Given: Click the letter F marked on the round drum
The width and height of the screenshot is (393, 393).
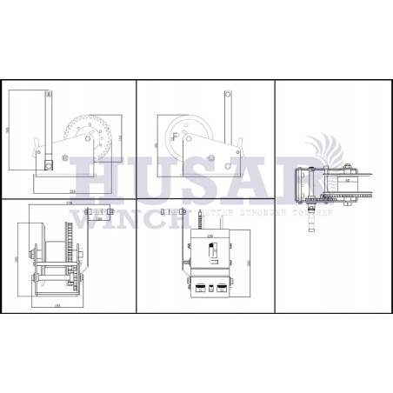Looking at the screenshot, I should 177,137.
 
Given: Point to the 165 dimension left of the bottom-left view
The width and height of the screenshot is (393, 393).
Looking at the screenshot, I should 18,258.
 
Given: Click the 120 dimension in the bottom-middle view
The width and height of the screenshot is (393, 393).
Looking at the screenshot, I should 210,236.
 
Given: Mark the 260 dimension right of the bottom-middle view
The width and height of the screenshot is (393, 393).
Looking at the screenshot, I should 250,261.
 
